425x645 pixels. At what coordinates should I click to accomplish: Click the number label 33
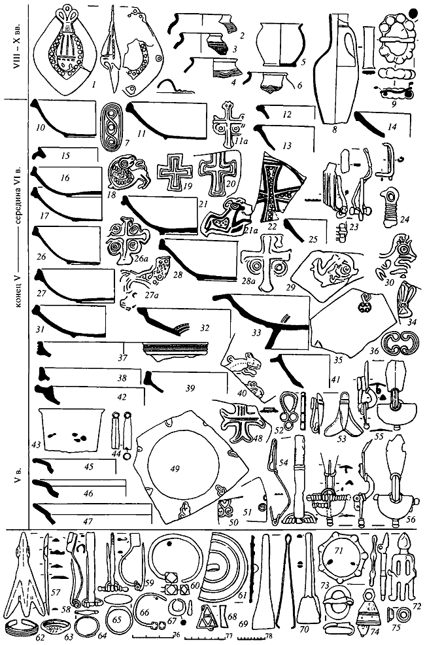coord(254,334)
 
